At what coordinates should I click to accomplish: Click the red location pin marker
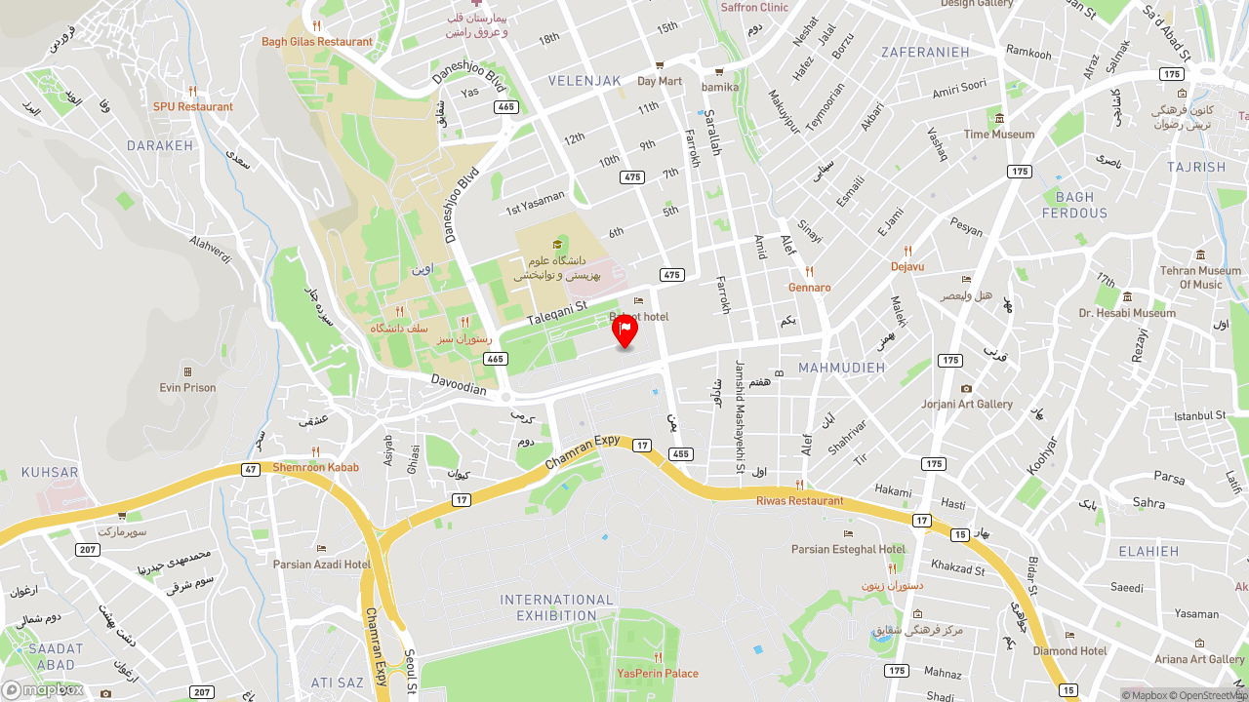(x=624, y=331)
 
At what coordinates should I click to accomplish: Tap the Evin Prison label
(x=187, y=387)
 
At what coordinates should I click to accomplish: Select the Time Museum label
(x=999, y=134)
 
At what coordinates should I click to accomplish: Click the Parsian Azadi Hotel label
(x=322, y=564)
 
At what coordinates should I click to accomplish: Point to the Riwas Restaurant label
(x=799, y=500)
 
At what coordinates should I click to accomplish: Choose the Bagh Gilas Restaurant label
(x=317, y=41)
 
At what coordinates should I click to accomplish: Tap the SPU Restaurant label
(x=193, y=106)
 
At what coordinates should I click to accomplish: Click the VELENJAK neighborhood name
(x=584, y=81)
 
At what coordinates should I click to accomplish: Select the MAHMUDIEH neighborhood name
(x=841, y=368)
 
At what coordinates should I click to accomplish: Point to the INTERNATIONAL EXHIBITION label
(x=557, y=607)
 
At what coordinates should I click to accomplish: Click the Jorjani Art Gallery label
(x=967, y=404)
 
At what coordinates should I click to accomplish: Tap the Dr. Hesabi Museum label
(x=1127, y=313)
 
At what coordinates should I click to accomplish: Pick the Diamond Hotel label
(x=1069, y=650)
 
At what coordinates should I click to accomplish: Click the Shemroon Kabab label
(x=315, y=467)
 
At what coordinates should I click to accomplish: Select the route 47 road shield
(x=251, y=469)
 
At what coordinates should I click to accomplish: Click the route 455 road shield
(x=680, y=453)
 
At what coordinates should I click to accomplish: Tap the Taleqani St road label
(x=556, y=313)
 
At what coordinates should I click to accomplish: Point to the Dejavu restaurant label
(x=907, y=266)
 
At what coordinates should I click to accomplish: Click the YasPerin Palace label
(x=658, y=673)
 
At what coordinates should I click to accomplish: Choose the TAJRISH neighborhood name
(x=1196, y=167)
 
